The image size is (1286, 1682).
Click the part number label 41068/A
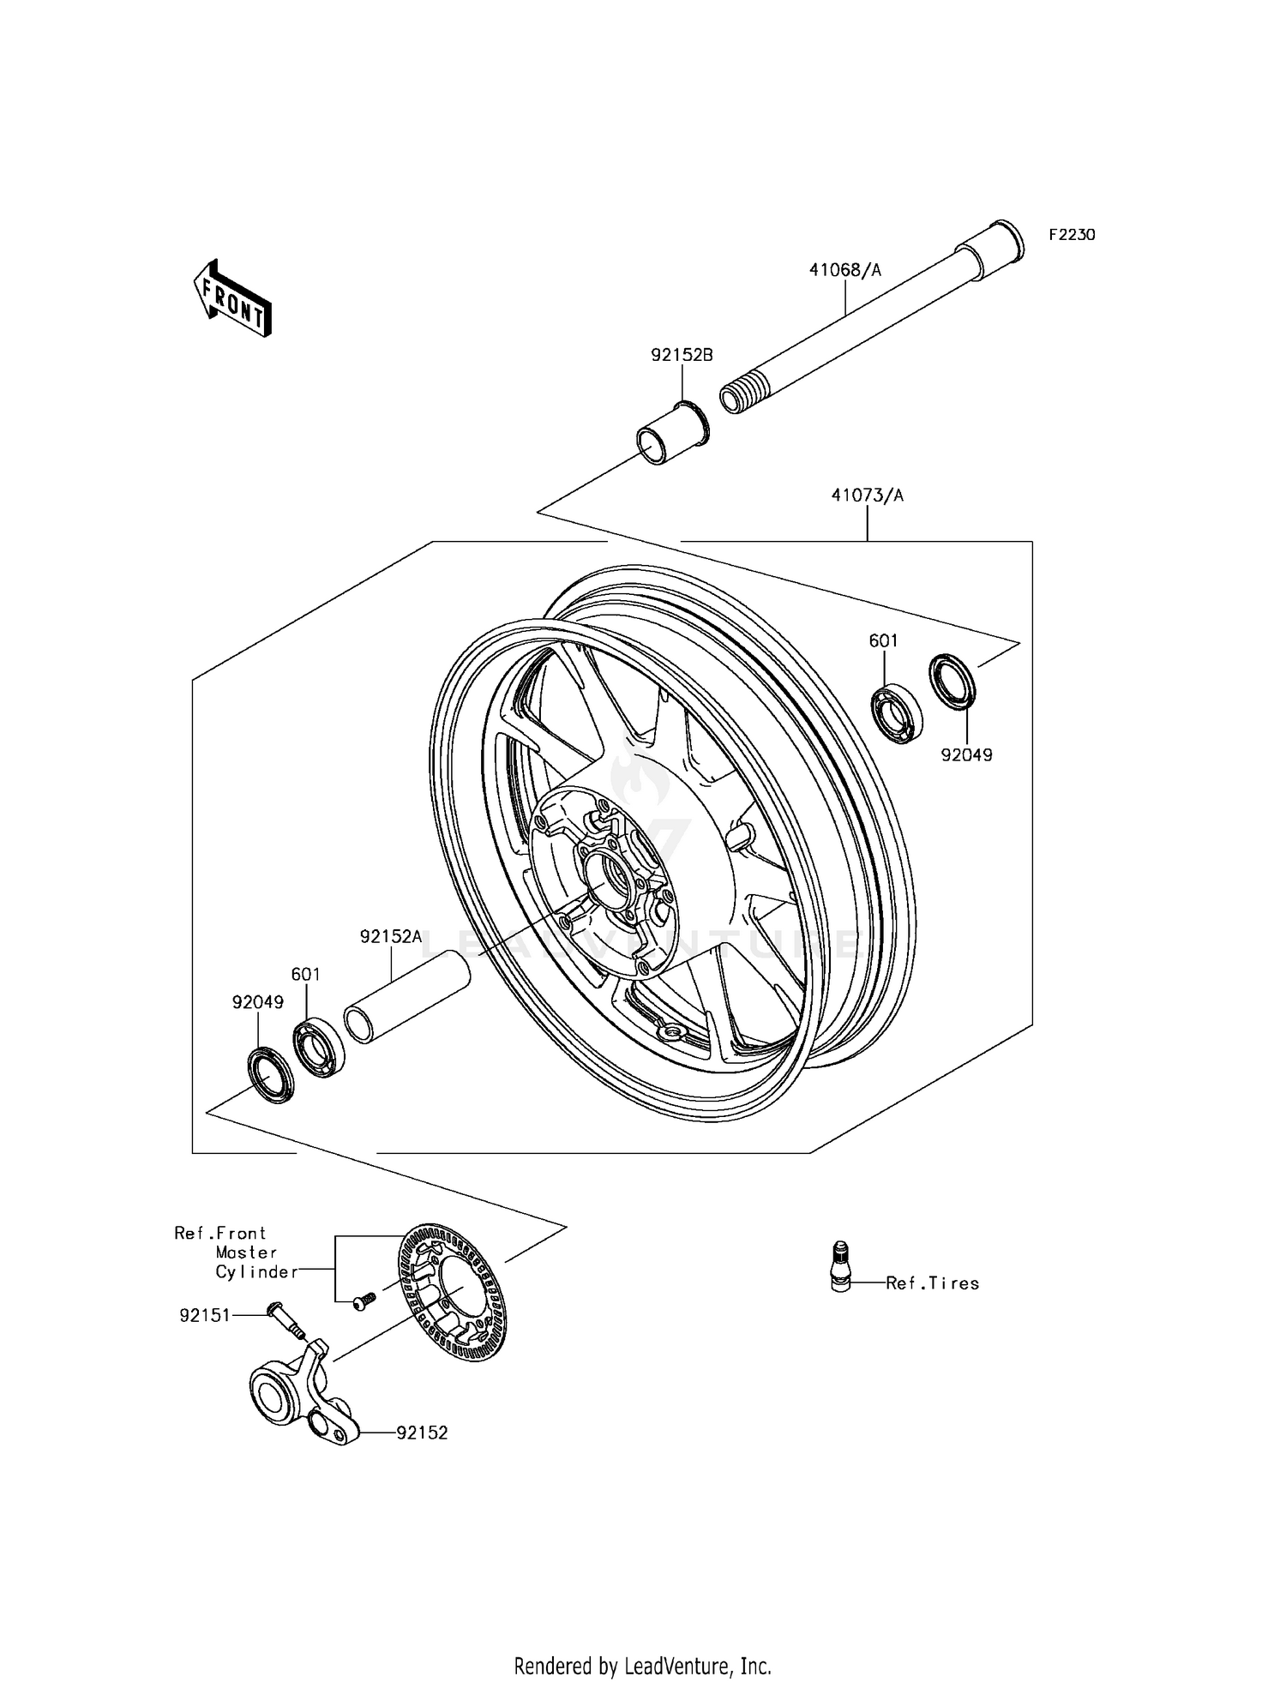(x=844, y=271)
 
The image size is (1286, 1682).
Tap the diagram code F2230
(x=1072, y=235)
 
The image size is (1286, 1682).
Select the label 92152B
(x=682, y=355)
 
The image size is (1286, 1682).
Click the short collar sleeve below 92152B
(x=673, y=434)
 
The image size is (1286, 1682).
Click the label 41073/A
(x=867, y=496)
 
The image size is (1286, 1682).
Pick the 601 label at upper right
(x=883, y=640)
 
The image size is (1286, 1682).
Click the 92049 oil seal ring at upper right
(x=953, y=682)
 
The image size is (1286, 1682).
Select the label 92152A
(x=391, y=937)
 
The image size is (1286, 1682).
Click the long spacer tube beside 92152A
(x=407, y=998)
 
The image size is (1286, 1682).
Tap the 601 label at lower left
(x=306, y=975)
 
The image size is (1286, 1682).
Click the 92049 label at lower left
(x=257, y=1002)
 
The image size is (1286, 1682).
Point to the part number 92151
(x=205, y=1315)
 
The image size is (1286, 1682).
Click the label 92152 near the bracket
(x=422, y=1433)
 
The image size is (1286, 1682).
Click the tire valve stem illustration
(x=840, y=1267)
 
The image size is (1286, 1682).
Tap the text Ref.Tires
(x=932, y=1283)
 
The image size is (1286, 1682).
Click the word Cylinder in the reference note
(x=255, y=1272)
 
